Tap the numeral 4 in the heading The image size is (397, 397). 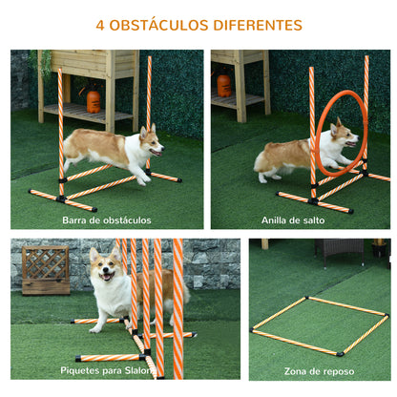[x=100, y=25]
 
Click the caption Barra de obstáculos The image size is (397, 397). [x=107, y=220]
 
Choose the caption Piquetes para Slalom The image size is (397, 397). [x=107, y=370]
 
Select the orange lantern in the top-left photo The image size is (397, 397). [x=94, y=99]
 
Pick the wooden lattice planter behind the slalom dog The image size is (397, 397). [x=46, y=270]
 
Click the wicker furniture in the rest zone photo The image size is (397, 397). [x=340, y=249]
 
